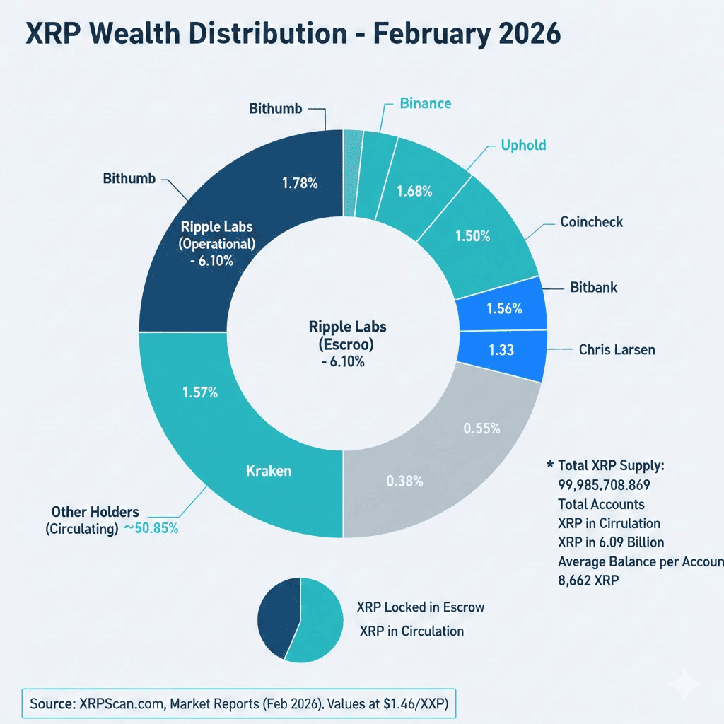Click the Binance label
(x=425, y=104)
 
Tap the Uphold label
(x=523, y=146)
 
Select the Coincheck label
(x=592, y=222)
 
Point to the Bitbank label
(x=595, y=288)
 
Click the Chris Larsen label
(x=617, y=349)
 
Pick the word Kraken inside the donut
(x=268, y=470)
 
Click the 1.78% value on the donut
(x=300, y=183)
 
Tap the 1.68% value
(x=414, y=192)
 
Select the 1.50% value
(x=472, y=236)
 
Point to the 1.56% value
(x=504, y=308)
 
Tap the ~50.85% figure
(x=151, y=528)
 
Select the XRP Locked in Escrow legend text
(x=420, y=607)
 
